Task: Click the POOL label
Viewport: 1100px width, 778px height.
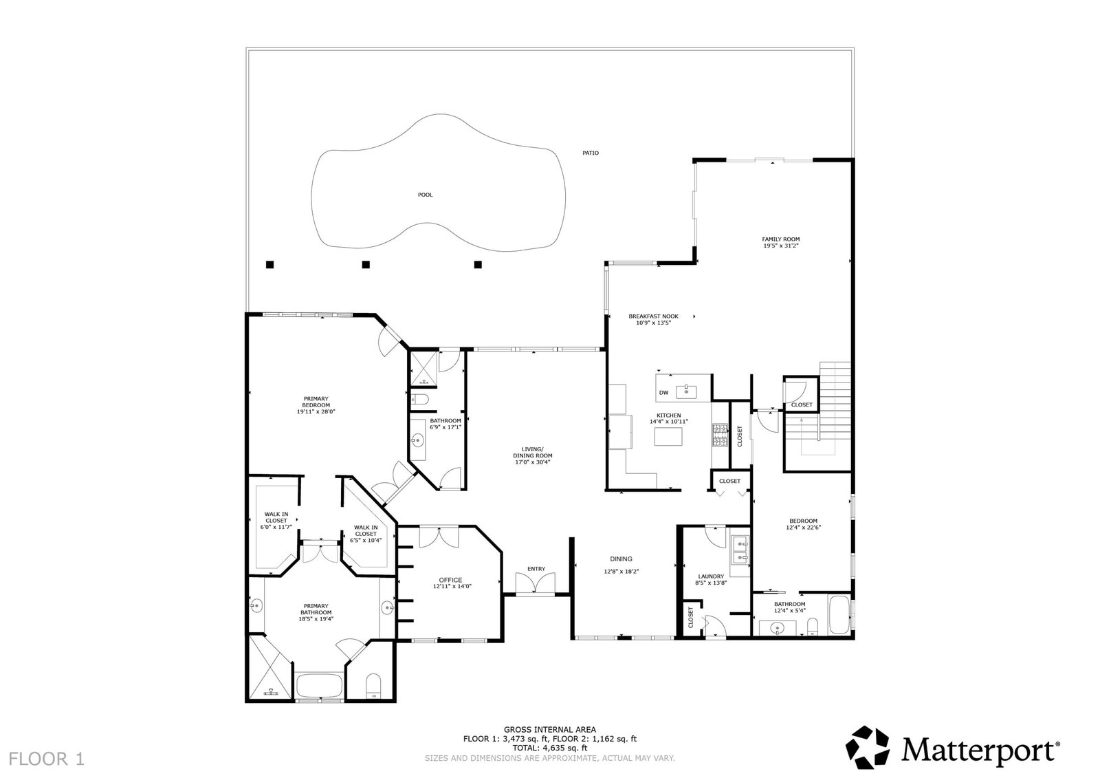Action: coord(426,195)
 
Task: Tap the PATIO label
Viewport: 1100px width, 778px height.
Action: coord(591,153)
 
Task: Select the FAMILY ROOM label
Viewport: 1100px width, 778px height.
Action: coord(781,239)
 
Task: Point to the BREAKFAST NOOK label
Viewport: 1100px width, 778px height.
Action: coord(654,316)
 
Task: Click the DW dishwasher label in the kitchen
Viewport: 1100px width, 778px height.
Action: coord(663,393)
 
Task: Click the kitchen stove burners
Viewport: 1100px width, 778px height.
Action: coord(720,435)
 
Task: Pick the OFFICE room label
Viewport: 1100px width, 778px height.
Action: coord(450,580)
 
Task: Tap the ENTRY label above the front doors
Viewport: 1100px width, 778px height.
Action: coord(536,569)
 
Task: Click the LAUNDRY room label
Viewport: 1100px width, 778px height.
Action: coord(711,576)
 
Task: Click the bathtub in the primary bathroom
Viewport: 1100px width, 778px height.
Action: coord(320,685)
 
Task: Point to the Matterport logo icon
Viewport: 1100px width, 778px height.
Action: coord(867,747)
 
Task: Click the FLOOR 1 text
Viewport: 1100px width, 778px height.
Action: coord(47,759)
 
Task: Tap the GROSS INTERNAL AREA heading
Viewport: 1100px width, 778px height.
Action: coord(550,730)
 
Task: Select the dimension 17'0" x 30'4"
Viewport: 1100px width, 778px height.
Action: coord(533,462)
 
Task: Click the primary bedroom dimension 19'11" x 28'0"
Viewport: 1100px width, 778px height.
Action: coord(316,412)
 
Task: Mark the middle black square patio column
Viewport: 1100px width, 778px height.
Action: coord(366,264)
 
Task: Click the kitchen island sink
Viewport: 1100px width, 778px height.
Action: coord(687,391)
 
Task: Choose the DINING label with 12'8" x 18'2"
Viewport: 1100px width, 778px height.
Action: coord(621,565)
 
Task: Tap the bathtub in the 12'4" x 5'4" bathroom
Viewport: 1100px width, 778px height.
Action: coord(839,615)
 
